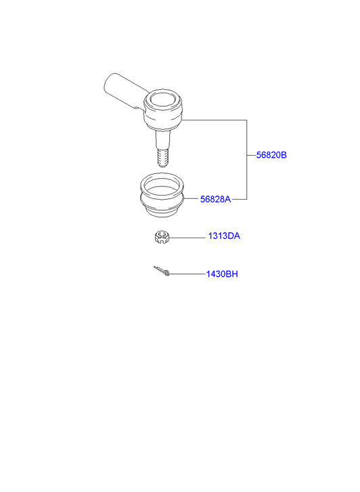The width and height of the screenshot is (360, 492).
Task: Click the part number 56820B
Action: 271,155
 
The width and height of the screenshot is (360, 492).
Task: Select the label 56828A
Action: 215,199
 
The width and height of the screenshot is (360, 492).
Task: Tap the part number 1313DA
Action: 224,236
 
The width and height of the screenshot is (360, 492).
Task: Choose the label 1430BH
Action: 222,274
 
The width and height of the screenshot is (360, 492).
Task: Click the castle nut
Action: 162,238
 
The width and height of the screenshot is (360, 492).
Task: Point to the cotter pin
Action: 162,271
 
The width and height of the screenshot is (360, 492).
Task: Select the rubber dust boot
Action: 162,194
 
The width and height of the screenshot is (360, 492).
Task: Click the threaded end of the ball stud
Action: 162,157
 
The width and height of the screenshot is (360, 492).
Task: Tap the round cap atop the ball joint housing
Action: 162,99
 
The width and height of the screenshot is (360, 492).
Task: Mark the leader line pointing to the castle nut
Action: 187,238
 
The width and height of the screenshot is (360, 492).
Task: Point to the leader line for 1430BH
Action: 187,274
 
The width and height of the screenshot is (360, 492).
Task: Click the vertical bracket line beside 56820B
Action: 247,160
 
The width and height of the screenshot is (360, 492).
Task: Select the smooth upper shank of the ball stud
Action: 162,139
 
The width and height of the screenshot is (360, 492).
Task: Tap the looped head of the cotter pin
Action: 167,273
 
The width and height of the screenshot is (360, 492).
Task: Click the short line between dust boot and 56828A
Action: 192,199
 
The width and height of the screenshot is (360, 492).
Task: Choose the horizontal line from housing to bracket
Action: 214,120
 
